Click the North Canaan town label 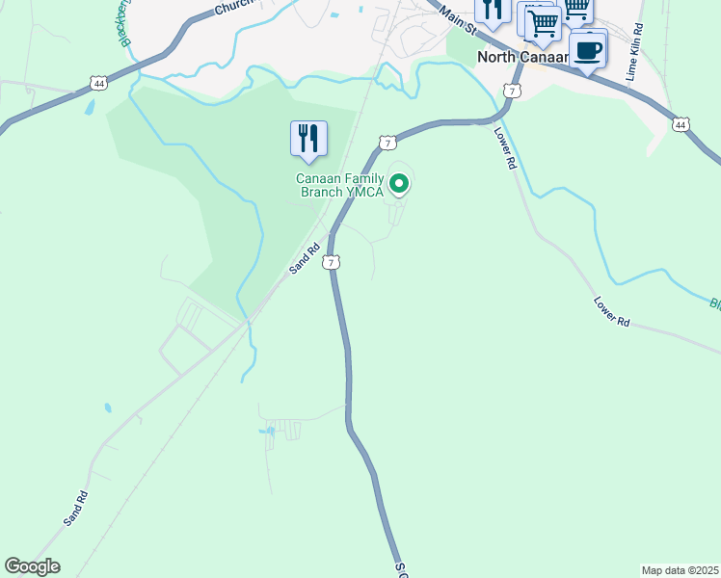point(521,58)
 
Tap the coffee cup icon point(587,48)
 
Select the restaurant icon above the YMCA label point(308,139)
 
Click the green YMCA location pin point(399,182)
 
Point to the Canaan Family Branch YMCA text point(339,185)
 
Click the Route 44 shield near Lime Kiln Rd point(681,124)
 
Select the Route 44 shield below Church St point(98,84)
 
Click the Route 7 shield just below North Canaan point(512,91)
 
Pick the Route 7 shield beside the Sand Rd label point(332,262)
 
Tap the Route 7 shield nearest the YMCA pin point(387,143)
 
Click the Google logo point(32,566)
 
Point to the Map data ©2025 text point(680,570)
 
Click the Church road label point(233,8)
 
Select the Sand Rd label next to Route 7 point(305,259)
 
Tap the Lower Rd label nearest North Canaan point(504,149)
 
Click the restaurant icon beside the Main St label point(493,12)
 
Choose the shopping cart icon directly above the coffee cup point(576,9)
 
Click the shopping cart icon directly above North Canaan point(543,23)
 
